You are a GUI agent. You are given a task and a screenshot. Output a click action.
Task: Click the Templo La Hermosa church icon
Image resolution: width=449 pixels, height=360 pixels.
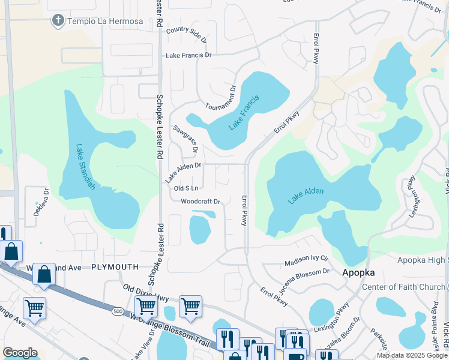point(58,21)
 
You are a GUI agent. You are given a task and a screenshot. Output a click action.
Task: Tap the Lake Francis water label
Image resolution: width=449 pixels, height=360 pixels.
point(244,113)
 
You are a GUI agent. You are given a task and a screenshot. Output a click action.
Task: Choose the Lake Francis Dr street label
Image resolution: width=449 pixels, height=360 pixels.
point(189,55)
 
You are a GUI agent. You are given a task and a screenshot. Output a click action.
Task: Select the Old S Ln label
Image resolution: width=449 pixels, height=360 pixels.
point(185,188)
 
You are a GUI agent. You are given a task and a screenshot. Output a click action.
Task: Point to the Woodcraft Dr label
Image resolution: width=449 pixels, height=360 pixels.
point(201,202)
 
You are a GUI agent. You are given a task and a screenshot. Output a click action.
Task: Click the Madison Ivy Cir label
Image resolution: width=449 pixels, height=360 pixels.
point(306,262)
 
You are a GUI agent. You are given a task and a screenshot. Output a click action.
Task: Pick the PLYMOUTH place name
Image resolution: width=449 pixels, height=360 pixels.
point(115,266)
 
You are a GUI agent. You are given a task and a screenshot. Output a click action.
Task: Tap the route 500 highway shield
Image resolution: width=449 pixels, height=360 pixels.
point(116,311)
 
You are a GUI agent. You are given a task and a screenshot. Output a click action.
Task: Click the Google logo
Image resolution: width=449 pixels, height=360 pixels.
point(20,353)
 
